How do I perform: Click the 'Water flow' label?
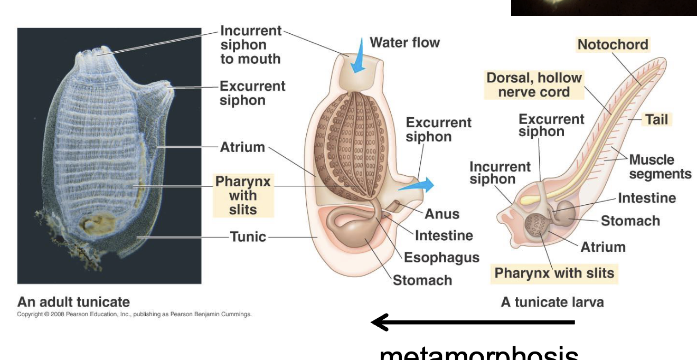coord(404,42)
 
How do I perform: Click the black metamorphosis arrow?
coord(473,321)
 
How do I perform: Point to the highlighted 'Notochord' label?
coord(613,44)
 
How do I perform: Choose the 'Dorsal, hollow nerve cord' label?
coord(534,84)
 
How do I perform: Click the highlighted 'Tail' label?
coord(656,119)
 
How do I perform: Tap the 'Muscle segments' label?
coord(660,167)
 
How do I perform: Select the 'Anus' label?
coord(442,214)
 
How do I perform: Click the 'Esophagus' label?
coord(441,257)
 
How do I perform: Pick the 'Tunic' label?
coord(248,236)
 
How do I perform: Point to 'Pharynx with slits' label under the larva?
coord(554,273)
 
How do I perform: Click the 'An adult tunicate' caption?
coord(73,302)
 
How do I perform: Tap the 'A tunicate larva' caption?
coord(552,302)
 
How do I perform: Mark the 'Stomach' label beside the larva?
coord(630,221)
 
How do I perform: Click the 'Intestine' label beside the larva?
coord(646,198)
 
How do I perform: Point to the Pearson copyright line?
coord(134,314)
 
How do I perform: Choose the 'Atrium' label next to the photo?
coord(242,147)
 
